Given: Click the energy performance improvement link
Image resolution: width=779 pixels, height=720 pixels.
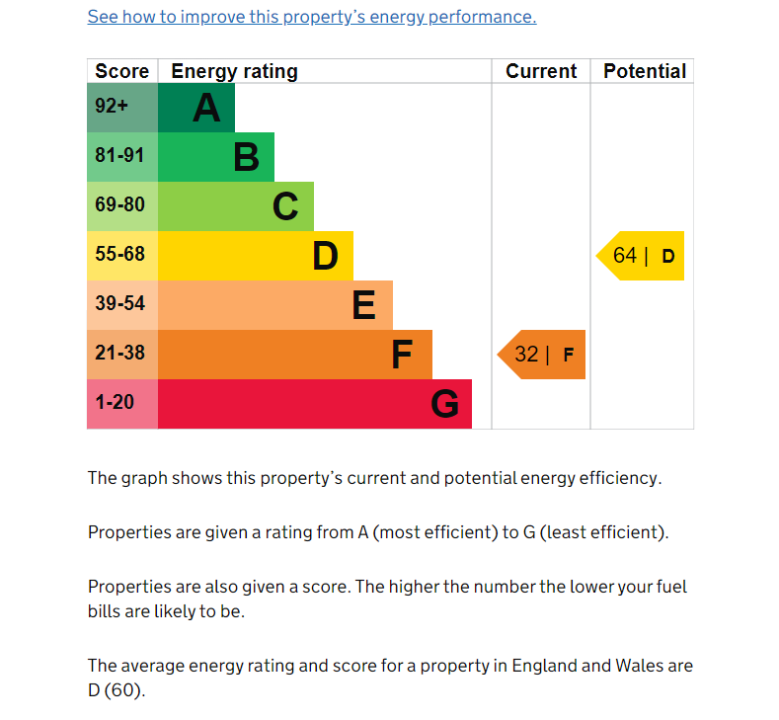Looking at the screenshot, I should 312,17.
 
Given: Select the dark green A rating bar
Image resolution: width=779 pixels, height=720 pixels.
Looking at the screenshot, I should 196,108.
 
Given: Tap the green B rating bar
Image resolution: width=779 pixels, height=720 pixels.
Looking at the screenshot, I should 216,157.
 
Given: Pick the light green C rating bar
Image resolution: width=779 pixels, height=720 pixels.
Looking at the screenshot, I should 236,206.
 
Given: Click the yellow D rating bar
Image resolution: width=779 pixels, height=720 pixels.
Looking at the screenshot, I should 256,256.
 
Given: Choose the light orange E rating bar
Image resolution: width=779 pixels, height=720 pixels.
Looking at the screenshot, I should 275,305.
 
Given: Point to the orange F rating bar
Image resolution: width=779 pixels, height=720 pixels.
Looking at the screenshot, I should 295,355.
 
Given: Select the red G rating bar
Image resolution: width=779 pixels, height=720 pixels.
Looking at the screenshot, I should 315,404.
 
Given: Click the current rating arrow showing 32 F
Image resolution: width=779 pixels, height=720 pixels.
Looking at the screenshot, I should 542,355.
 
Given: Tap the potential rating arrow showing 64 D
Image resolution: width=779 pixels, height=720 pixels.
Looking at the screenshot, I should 642,256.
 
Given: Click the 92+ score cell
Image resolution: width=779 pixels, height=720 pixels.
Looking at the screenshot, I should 122,108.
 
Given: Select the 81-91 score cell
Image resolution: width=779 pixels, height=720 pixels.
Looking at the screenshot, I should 122,157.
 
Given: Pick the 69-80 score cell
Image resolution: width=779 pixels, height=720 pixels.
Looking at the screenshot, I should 122,206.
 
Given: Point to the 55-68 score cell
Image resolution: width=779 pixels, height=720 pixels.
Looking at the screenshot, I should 122,256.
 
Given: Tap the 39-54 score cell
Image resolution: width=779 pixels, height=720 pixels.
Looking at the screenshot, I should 122,305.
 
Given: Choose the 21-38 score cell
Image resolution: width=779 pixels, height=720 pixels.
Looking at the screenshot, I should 122,355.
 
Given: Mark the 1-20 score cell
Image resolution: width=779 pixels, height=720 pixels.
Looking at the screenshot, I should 122,404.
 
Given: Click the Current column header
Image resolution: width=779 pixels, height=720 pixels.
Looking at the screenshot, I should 541,71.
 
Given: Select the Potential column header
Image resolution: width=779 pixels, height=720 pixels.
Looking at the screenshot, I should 645,71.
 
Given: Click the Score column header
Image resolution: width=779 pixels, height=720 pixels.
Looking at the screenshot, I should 122,71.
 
